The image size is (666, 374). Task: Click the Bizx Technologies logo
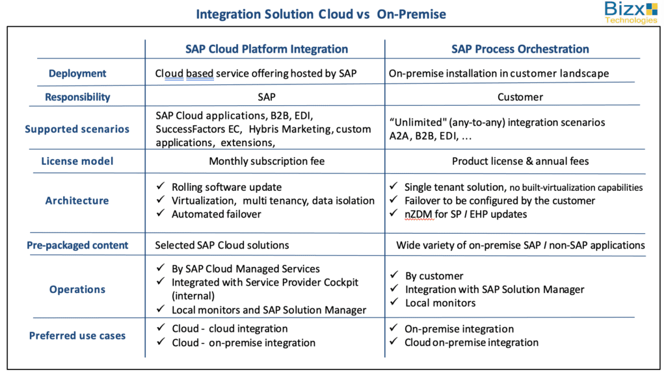(x=631, y=12)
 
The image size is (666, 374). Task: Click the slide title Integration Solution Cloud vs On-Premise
(x=321, y=14)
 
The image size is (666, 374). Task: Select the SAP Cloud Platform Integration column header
(x=266, y=49)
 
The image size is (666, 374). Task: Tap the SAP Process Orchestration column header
(x=520, y=49)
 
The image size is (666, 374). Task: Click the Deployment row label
(x=77, y=73)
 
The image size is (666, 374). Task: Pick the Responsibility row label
(x=77, y=97)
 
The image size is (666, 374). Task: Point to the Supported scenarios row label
(x=77, y=129)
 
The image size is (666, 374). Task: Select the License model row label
(x=77, y=161)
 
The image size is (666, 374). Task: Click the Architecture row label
(x=77, y=201)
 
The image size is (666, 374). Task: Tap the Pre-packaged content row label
(x=77, y=245)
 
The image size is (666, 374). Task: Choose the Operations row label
(x=77, y=289)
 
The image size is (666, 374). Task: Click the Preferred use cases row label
(x=77, y=336)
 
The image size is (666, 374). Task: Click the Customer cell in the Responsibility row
(x=520, y=97)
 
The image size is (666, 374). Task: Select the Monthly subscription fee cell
(x=267, y=161)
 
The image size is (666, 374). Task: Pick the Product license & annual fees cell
(x=520, y=161)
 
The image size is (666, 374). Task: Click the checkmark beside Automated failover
(x=160, y=213)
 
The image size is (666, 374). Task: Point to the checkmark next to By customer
(x=394, y=275)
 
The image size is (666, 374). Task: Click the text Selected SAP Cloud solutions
(x=222, y=245)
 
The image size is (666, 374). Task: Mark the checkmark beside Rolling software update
(x=160, y=186)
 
